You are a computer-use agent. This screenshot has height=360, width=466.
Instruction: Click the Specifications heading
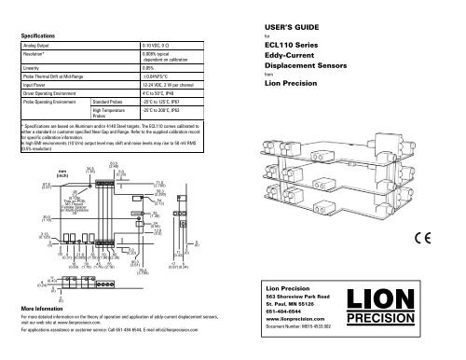click(37, 35)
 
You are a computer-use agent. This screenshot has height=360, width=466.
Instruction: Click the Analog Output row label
click(37, 45)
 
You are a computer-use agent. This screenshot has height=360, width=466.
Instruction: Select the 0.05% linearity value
click(148, 68)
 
